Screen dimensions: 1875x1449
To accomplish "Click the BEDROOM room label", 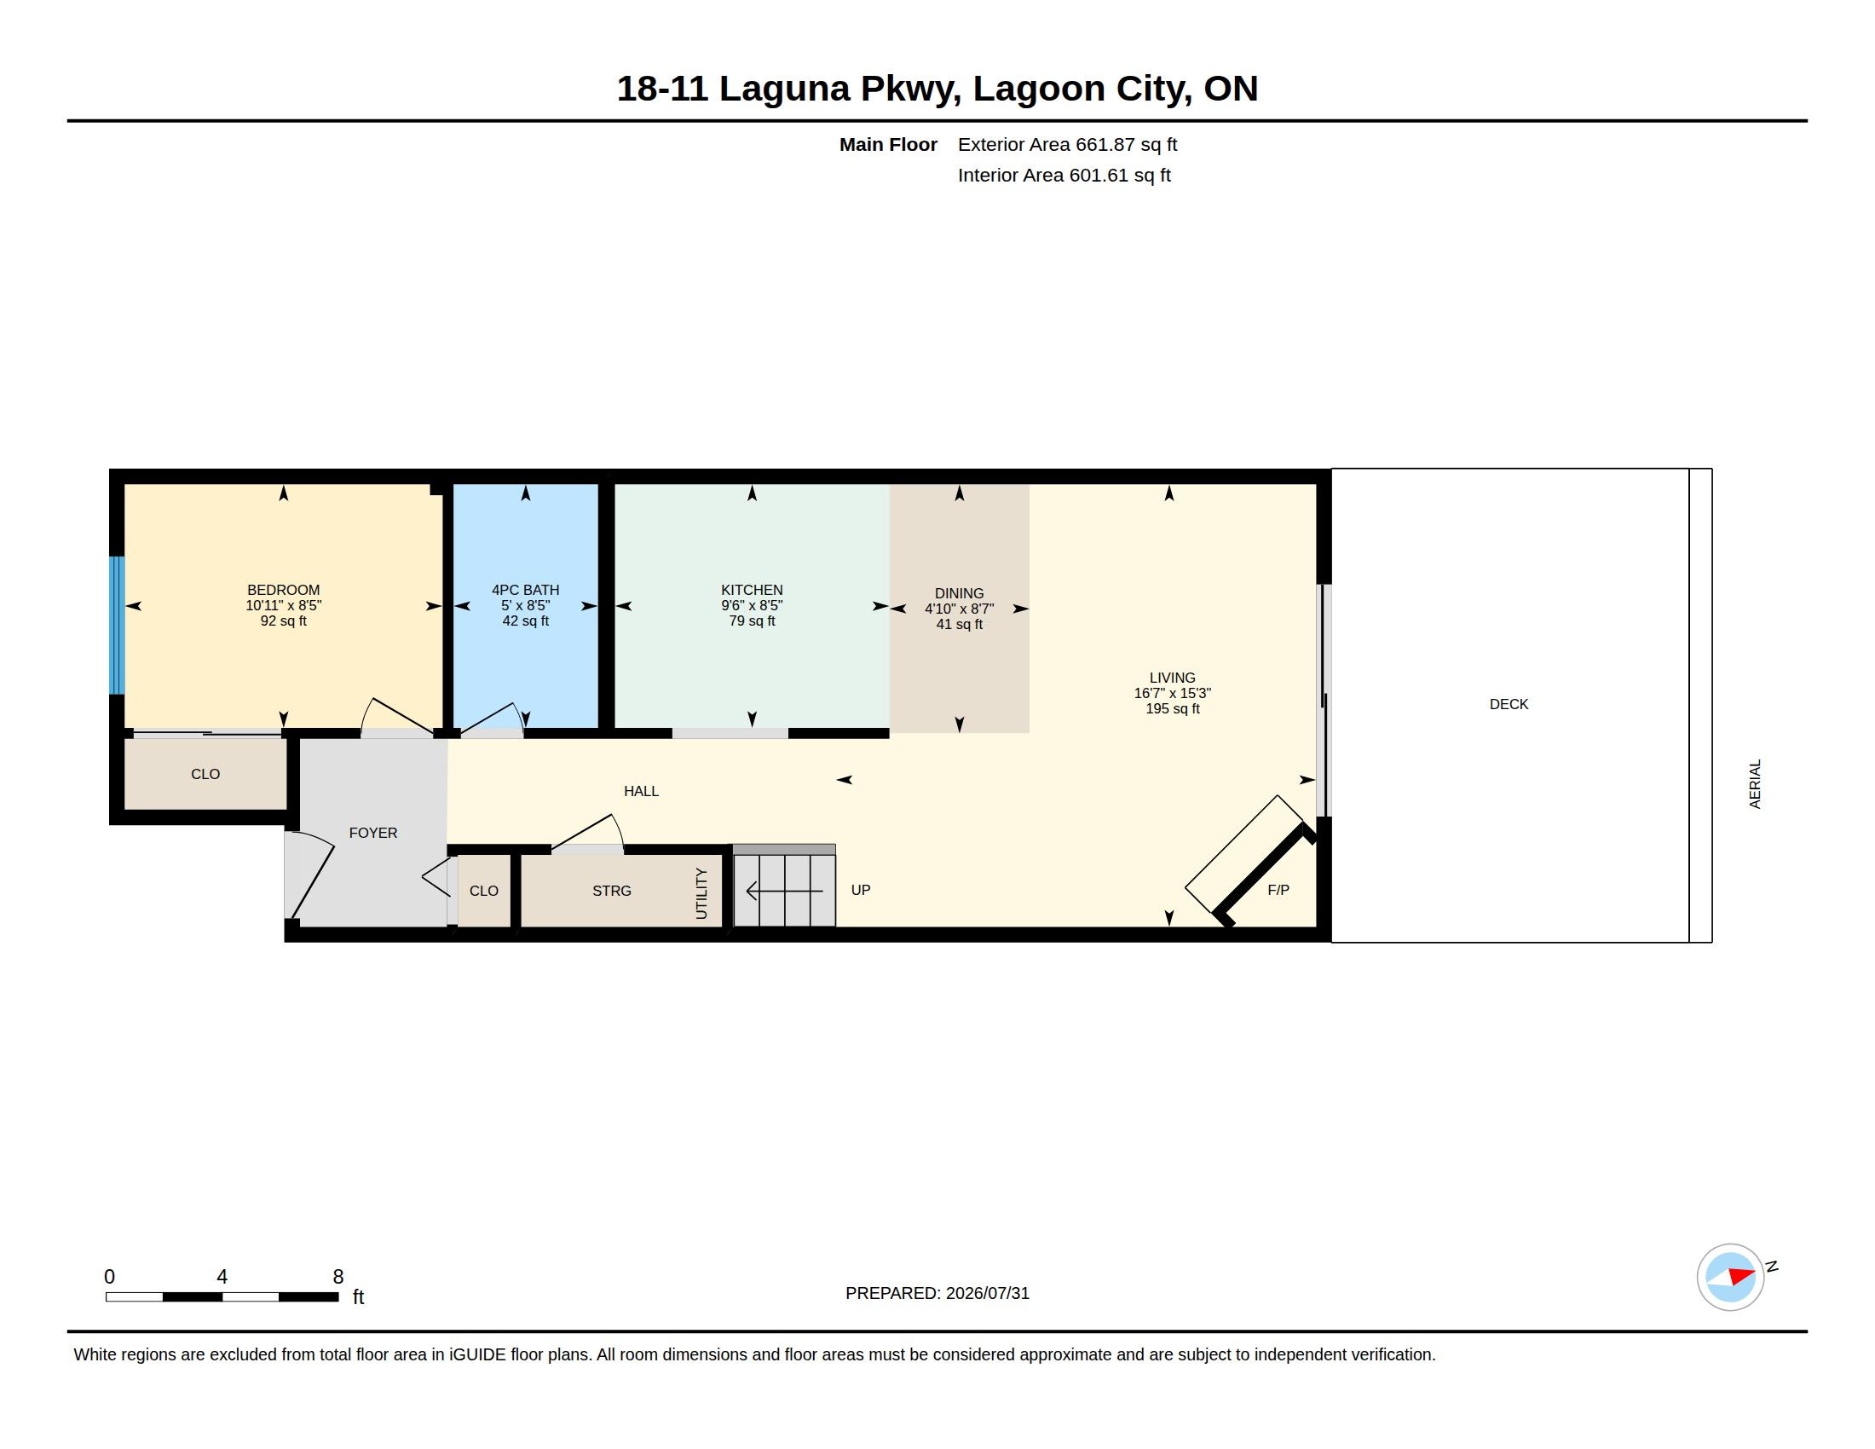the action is click(283, 590).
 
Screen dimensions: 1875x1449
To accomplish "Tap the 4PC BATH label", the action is click(525, 590).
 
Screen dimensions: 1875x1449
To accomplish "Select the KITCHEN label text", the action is click(752, 590).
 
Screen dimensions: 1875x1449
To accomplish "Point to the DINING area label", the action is click(959, 593).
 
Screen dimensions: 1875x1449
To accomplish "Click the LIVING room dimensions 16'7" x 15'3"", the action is click(1172, 693).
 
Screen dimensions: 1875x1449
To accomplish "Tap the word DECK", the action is click(1509, 704).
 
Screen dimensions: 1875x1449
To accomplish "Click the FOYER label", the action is click(373, 833).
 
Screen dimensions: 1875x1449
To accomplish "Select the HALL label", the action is click(641, 792).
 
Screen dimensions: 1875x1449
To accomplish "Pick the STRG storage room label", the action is click(611, 891).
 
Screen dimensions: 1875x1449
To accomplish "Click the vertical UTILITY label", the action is click(701, 893).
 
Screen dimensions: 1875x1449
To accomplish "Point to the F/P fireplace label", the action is click(1278, 890).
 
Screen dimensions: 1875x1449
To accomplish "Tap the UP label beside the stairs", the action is click(860, 890).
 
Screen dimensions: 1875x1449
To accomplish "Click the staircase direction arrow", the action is click(785, 891).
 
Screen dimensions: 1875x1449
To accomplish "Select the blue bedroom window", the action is click(117, 625).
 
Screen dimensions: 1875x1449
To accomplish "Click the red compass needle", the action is click(1741, 1276).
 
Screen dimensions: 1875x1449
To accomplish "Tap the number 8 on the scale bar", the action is click(338, 1277).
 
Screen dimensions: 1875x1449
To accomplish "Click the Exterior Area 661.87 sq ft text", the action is click(1067, 144).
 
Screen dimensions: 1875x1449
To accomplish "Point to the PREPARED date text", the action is click(937, 1293).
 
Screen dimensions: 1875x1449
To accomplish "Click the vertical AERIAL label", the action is click(1755, 783).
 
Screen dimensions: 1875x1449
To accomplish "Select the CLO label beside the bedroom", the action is click(205, 774).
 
